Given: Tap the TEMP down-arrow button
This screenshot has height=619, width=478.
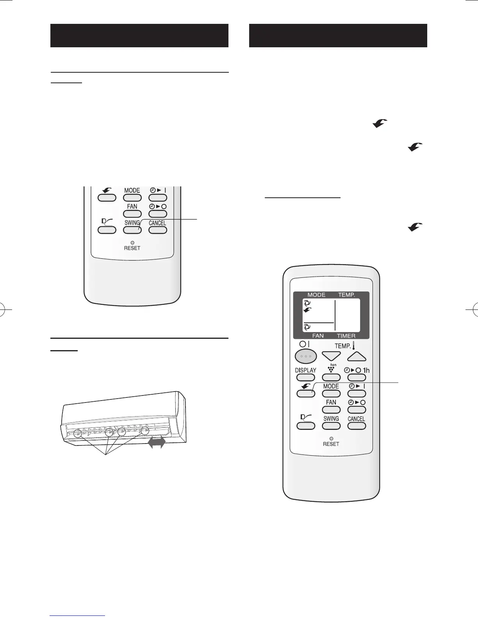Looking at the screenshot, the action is [x=331, y=356].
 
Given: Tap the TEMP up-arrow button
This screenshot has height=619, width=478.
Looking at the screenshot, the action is [x=357, y=356].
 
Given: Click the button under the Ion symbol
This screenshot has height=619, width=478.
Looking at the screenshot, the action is [x=331, y=378].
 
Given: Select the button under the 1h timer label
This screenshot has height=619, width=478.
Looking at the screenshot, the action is [x=357, y=378].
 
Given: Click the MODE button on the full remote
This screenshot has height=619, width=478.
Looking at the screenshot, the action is [x=331, y=394].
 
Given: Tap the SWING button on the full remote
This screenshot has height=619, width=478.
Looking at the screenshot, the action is [x=331, y=426].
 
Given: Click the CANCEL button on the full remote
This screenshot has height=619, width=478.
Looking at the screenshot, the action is [x=357, y=426].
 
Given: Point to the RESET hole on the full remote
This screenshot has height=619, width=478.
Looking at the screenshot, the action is [x=331, y=438].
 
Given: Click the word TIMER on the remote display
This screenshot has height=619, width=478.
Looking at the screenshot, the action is [x=346, y=336].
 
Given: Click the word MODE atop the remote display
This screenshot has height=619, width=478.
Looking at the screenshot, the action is [x=316, y=295].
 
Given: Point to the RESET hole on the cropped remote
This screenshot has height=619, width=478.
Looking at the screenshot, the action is [x=132, y=242].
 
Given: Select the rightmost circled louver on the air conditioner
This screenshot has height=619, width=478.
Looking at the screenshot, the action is [x=145, y=431].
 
